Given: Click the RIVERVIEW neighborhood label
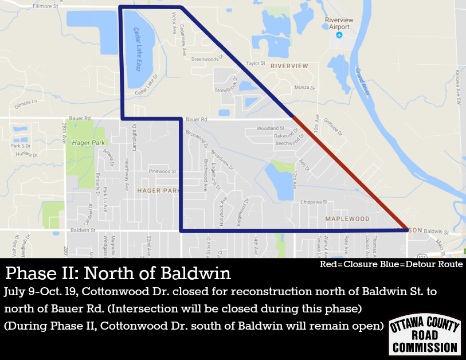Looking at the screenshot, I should pos(289,66).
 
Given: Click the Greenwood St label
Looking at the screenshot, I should pos(206,58).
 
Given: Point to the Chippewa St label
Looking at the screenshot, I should pos(314,202).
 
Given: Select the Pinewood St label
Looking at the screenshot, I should pos(163,171).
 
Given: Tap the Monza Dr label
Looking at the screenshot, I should pos(304,87).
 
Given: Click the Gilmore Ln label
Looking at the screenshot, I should pos(26,101).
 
